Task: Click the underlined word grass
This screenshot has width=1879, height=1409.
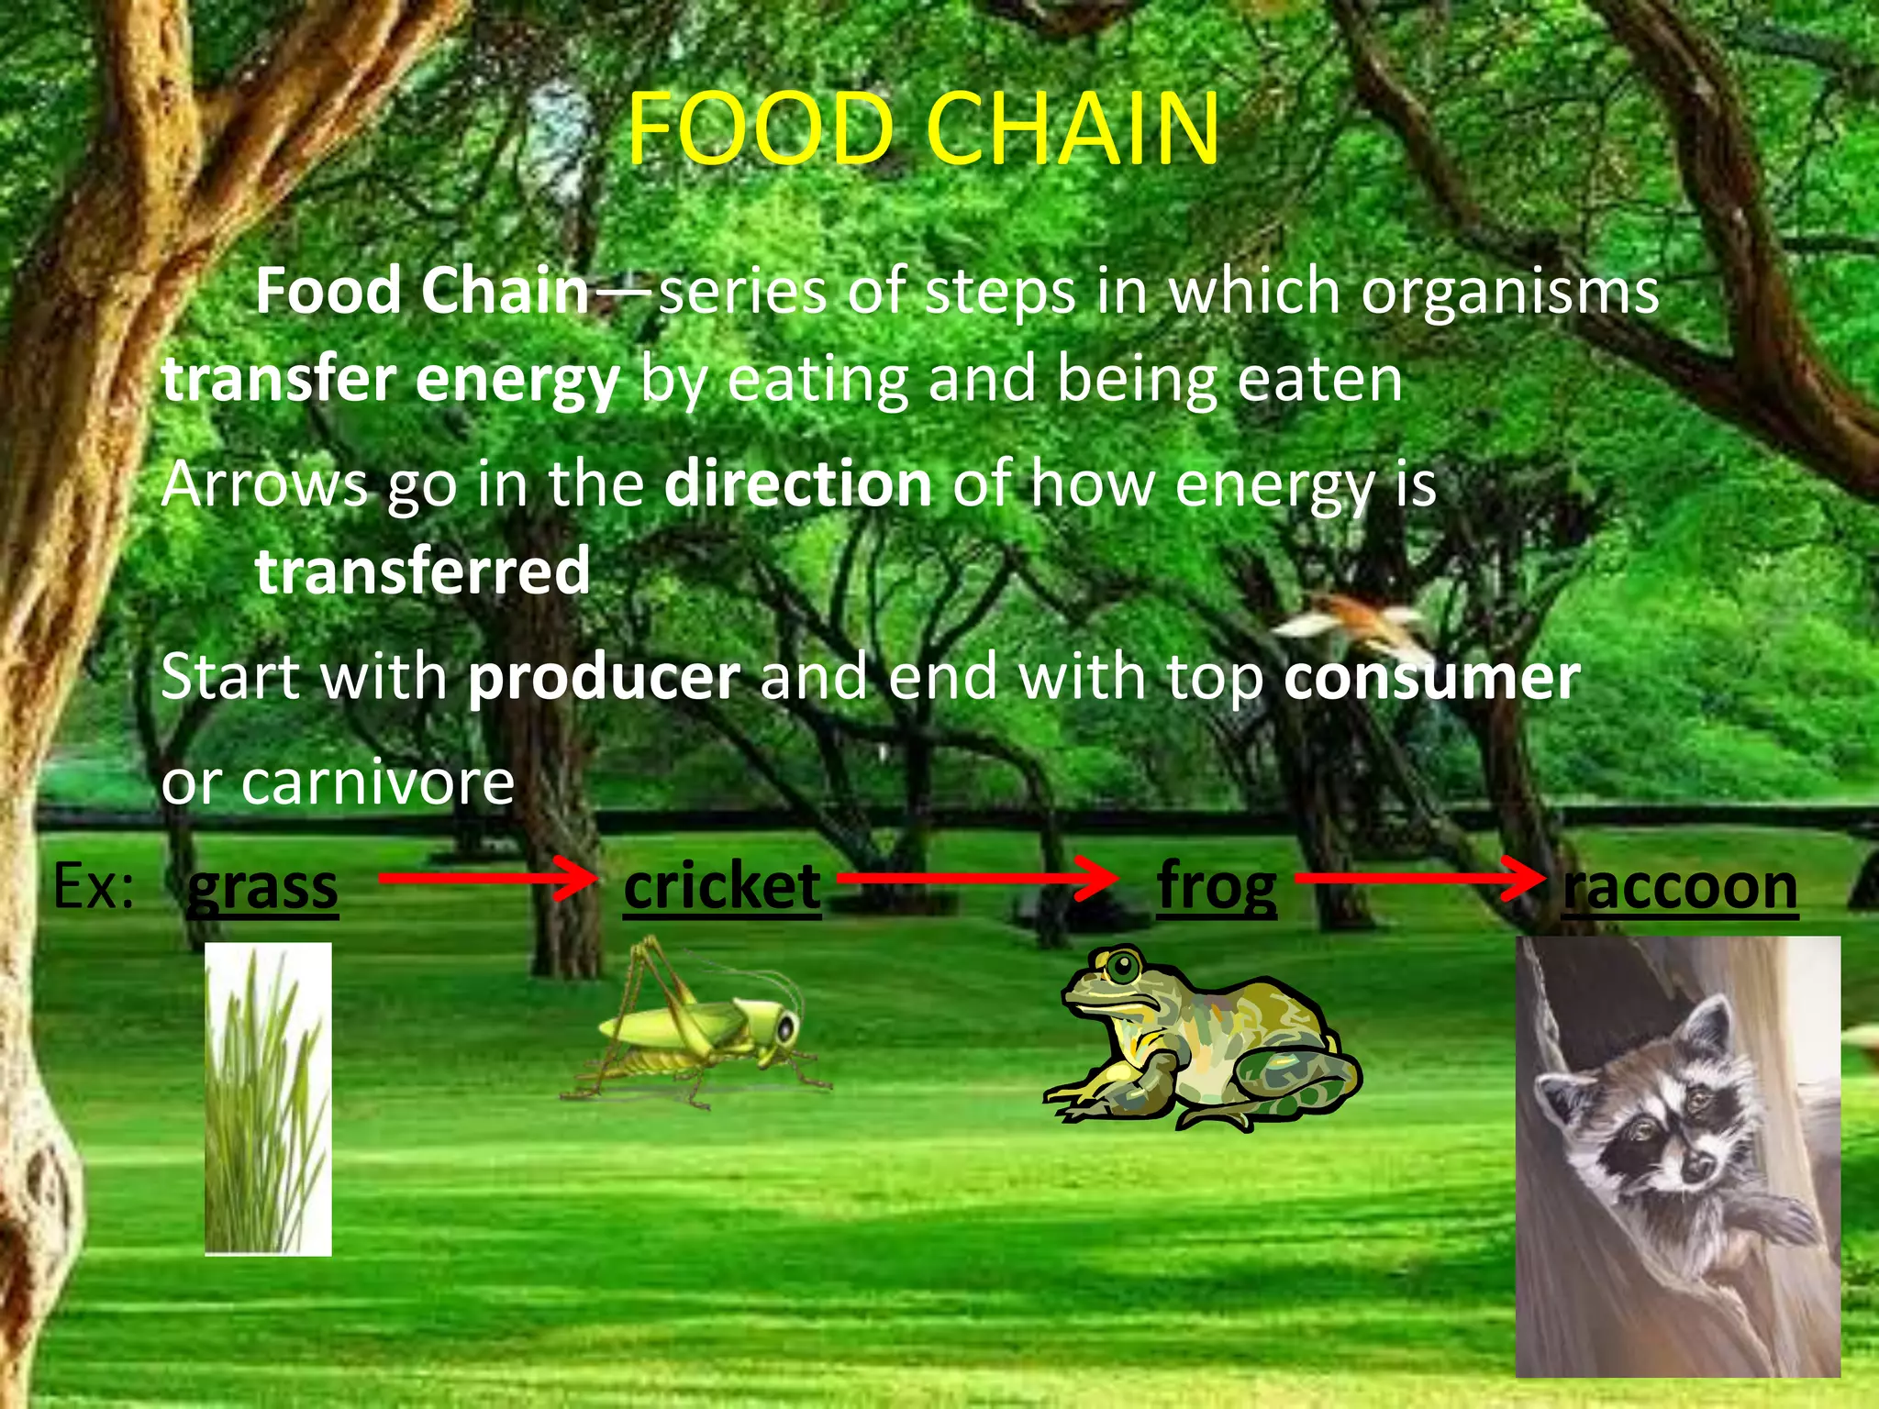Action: [262, 887]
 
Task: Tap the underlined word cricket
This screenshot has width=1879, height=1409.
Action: [722, 887]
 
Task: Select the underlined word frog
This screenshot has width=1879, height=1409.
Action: [1217, 887]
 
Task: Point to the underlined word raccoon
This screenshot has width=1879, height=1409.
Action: [1680, 887]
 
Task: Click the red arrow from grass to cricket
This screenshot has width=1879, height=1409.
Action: [486, 878]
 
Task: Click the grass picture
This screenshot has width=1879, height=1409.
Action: [268, 1098]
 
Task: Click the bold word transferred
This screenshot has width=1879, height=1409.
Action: [423, 571]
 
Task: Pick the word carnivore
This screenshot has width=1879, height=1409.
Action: [377, 782]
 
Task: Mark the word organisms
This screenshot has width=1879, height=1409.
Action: [1510, 292]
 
